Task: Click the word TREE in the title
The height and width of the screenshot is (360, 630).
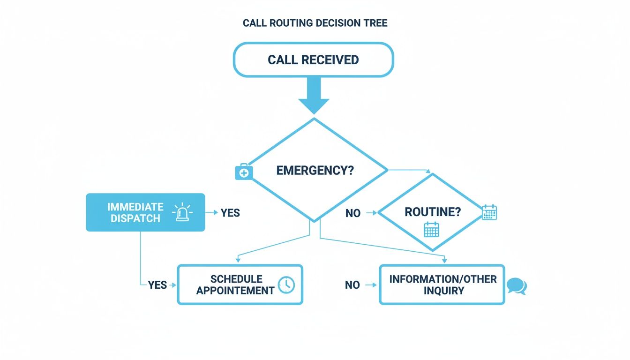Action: [376, 23]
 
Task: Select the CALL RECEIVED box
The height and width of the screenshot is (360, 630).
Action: [313, 60]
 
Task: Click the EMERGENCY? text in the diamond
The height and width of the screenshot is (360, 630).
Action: [315, 170]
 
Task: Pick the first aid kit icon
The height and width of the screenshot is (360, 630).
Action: [243, 172]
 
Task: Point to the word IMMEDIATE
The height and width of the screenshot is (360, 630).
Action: [135, 207]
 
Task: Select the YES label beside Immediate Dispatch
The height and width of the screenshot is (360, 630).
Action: [230, 213]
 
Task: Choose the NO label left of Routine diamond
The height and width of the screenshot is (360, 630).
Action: [352, 213]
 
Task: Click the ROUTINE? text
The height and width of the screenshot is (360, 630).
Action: [432, 212]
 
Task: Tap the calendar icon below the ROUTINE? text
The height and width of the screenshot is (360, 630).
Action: [431, 230]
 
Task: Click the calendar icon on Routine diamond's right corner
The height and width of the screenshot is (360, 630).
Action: [489, 212]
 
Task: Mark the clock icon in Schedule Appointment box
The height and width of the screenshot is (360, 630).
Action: [286, 285]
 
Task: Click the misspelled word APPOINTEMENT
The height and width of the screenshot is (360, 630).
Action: [235, 291]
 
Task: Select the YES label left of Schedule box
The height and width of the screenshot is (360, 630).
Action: [157, 285]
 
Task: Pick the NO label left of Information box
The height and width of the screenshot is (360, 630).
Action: [352, 285]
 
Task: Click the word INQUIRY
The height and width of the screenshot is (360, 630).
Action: [443, 291]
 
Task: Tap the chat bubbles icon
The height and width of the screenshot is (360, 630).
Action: [517, 286]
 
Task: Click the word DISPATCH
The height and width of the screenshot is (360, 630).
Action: [135, 218]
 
